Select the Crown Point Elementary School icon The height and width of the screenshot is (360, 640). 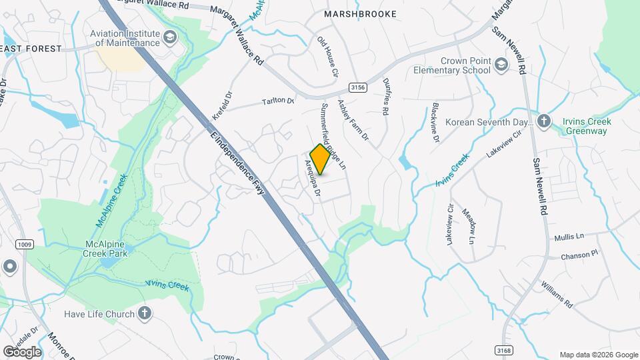[501, 65]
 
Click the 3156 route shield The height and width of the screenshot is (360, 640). [359, 87]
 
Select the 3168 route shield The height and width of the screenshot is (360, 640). [504, 349]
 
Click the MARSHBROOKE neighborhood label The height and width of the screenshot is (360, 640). [360, 14]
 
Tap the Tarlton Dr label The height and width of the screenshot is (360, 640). [277, 101]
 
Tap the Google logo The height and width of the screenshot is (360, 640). [22, 351]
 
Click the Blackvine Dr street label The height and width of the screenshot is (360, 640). [435, 123]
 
